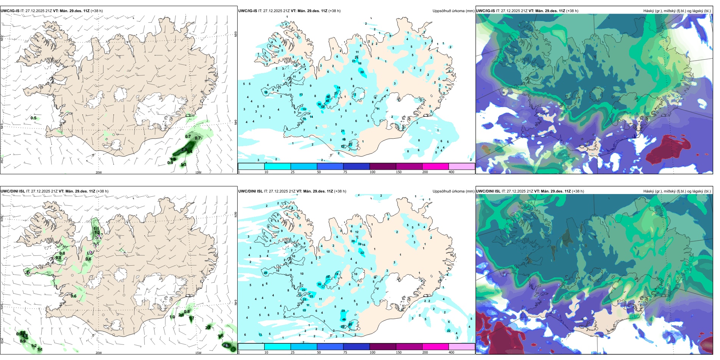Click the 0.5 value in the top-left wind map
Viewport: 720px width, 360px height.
click(33, 118)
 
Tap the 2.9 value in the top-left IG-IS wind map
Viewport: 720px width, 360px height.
click(184, 150)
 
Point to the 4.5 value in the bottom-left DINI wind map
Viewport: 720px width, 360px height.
click(227, 346)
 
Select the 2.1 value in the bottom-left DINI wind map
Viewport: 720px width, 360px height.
click(208, 328)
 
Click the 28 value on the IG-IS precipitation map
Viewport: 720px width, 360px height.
click(362, 72)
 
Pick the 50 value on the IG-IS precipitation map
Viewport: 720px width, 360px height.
click(328, 97)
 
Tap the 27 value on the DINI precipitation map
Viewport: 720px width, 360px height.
click(266, 273)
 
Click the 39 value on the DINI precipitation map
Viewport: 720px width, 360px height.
click(319, 284)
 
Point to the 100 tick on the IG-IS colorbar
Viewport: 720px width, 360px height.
click(373, 172)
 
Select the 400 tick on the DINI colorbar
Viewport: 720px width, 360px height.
click(451, 352)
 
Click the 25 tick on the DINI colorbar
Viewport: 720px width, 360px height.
click(293, 352)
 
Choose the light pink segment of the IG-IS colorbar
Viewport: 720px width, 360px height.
click(462, 166)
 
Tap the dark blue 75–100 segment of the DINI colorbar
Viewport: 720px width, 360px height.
click(356, 347)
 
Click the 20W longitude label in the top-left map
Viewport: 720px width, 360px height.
click(99, 172)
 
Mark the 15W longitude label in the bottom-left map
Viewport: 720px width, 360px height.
click(198, 353)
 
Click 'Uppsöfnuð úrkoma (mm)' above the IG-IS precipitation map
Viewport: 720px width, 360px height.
click(453, 11)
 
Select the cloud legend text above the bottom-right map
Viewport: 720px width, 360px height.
click(677, 191)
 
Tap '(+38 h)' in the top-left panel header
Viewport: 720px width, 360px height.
click(97, 11)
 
